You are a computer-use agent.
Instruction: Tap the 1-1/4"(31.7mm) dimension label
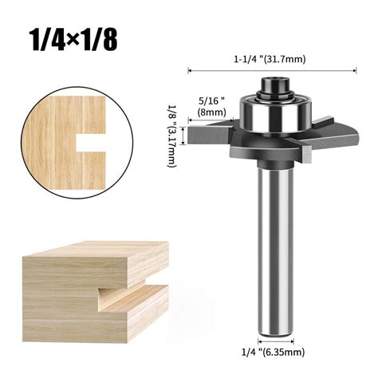point(270,59)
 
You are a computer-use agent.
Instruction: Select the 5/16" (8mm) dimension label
point(211,106)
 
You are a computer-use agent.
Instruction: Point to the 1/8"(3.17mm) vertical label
point(171,136)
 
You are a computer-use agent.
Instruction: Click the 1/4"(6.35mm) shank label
point(273,352)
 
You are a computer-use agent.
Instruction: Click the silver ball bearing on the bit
point(275,114)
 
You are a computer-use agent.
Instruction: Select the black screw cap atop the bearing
point(275,85)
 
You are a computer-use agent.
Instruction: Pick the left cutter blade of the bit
point(210,134)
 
